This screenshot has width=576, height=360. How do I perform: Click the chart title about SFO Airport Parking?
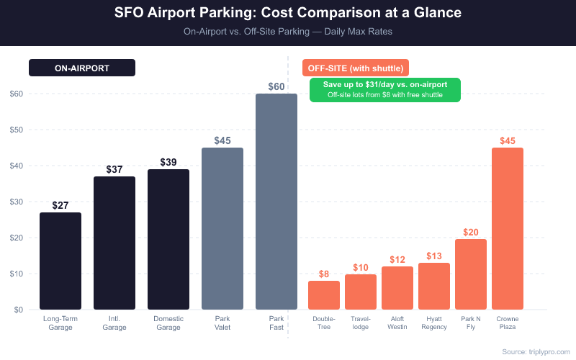[288, 13]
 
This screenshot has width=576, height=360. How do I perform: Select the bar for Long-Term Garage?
[60, 261]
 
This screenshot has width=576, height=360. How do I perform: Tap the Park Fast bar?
[276, 202]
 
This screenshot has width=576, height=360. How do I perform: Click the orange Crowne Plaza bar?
[508, 228]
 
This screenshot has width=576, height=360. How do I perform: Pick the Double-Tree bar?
[324, 295]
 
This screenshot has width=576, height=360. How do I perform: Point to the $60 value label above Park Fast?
[276, 86]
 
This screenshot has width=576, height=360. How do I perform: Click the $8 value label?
[324, 274]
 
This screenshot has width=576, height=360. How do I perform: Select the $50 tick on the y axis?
[16, 130]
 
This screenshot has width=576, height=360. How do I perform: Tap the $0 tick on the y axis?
[16, 310]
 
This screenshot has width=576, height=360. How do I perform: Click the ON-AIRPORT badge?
[82, 68]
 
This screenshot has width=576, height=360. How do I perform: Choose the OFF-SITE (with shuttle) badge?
[356, 68]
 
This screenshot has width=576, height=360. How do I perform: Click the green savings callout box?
[385, 89]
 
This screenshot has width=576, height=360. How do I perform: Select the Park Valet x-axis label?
[222, 323]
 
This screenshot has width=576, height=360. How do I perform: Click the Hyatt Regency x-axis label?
[434, 323]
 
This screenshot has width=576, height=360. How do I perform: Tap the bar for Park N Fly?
[471, 274]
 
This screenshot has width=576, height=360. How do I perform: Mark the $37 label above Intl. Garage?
[114, 169]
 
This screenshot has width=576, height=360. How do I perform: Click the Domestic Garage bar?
[168, 239]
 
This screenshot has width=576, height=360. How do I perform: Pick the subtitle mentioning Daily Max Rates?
[288, 32]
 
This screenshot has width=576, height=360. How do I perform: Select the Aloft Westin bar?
[397, 288]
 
